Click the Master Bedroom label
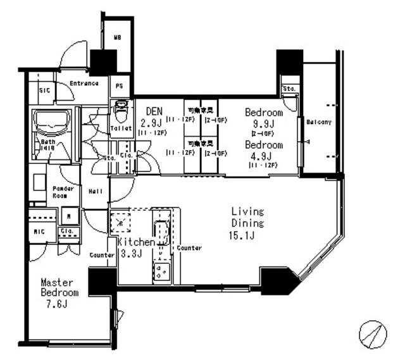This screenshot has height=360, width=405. (59, 288)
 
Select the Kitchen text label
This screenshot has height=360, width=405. (135, 242)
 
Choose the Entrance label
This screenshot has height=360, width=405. (84, 83)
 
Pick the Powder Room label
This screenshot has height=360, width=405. (63, 192)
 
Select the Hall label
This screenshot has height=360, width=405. (96, 190)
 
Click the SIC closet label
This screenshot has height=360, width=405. (44, 90)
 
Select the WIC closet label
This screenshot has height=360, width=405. (39, 232)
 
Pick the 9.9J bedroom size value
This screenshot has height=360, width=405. (263, 123)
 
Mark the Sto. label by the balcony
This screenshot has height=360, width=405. (290, 88)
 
